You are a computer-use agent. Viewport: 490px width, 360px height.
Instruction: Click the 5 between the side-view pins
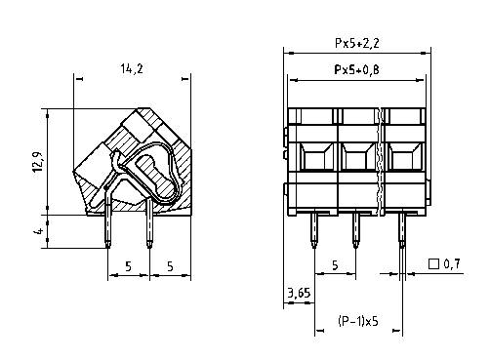(128, 265)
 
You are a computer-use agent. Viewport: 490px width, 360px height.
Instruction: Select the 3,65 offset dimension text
(298, 291)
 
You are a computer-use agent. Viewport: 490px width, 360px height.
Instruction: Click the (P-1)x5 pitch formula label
(358, 320)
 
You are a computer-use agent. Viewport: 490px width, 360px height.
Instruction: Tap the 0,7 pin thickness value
(451, 264)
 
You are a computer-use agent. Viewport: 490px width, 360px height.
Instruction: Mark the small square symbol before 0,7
(432, 264)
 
